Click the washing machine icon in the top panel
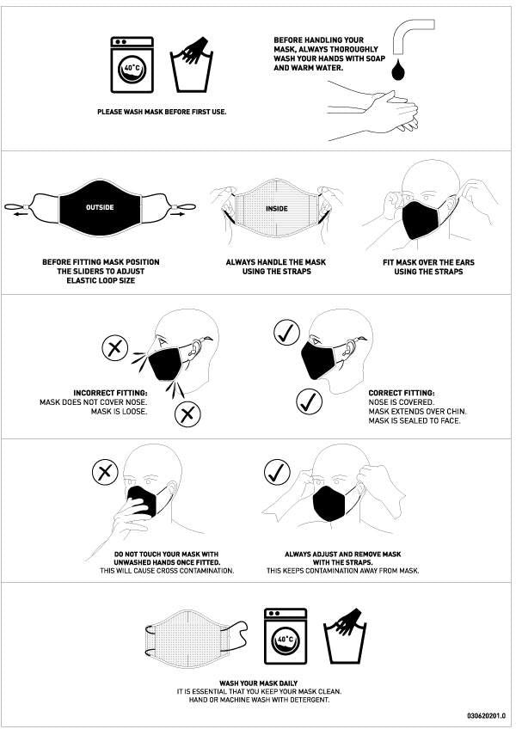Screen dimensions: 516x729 (132, 64)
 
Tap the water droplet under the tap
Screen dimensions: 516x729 (398, 70)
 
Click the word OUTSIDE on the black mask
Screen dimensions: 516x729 (100, 207)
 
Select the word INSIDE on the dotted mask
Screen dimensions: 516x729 (277, 209)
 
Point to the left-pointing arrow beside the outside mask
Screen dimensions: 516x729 (20, 215)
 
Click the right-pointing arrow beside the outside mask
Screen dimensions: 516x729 (178, 215)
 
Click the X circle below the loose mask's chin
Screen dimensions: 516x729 (187, 414)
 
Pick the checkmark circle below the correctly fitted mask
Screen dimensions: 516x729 (309, 401)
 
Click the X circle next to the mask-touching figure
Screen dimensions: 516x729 (105, 473)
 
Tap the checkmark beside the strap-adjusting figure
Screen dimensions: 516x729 (277, 472)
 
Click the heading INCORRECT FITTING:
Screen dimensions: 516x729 (110, 394)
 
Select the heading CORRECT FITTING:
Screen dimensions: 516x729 (402, 394)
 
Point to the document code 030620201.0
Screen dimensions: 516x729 (486, 715)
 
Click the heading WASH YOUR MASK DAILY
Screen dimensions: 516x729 (258, 683)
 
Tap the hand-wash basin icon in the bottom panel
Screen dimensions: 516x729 (345, 635)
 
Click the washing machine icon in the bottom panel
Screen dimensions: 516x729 (286, 636)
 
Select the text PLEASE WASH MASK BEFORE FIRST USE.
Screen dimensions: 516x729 (162, 112)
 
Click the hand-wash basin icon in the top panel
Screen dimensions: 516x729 (192, 64)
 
